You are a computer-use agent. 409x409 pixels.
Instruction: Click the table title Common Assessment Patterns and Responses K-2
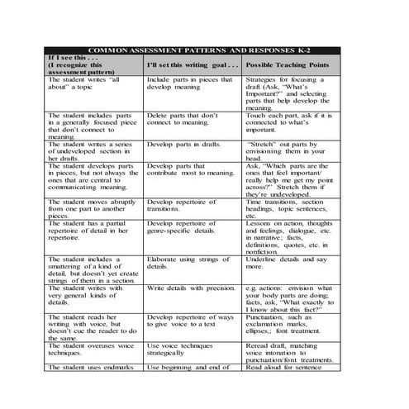[x=202, y=49]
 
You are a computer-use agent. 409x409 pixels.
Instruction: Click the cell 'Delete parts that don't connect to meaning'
[x=183, y=120]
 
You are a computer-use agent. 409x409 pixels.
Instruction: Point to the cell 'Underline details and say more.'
[x=288, y=263]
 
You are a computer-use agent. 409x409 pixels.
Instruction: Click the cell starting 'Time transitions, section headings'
[x=291, y=208]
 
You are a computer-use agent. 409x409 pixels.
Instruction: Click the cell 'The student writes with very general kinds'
[x=83, y=294]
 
